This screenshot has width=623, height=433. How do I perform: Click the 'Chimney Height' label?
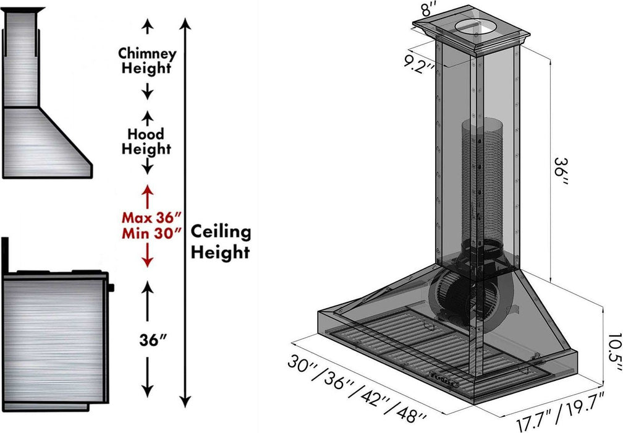coord(147,61)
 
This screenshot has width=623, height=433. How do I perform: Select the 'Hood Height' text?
coord(146,141)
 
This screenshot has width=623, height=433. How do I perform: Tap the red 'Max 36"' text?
coord(151,218)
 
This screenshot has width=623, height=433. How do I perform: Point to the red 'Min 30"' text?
coord(151,233)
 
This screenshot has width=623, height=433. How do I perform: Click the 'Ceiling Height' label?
coord(220,242)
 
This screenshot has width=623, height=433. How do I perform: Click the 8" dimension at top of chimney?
coord(428,11)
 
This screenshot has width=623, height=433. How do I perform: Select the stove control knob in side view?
coord(112,286)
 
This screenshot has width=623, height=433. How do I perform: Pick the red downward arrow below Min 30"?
coord(147,260)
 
